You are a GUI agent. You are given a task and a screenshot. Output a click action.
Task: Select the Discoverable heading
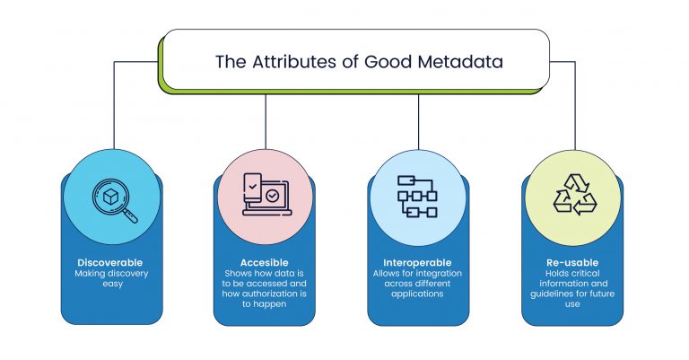click(111, 261)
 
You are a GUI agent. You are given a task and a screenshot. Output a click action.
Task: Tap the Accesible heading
click(265, 261)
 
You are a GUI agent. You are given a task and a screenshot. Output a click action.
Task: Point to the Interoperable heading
click(418, 261)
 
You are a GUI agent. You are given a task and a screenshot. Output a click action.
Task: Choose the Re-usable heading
click(572, 261)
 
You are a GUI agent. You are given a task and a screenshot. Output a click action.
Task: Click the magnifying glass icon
click(115, 199)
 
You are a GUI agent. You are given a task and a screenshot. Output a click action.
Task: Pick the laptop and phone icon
click(266, 194)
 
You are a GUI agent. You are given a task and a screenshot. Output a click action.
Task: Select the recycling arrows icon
click(573, 194)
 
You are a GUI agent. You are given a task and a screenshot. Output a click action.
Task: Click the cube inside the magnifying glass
click(110, 195)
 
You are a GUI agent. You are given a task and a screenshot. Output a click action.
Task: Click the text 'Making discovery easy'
click(111, 277)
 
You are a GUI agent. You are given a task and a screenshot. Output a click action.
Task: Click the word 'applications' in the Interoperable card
click(418, 294)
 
